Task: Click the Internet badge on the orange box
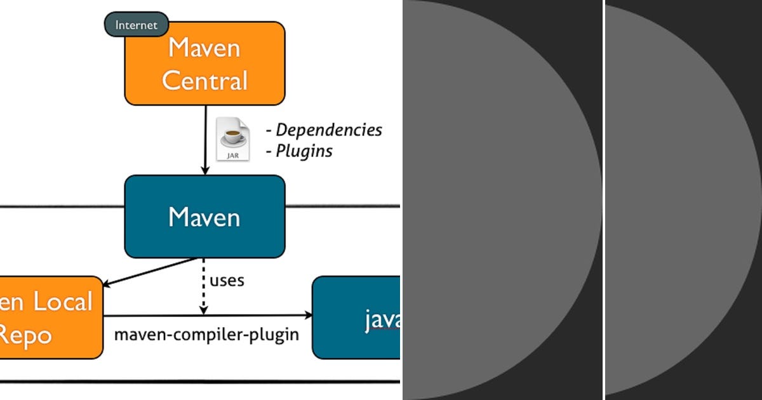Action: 136,25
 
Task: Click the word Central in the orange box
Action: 204,81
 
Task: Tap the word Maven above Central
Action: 204,48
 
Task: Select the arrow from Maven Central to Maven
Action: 204,140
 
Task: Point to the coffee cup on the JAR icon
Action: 232,135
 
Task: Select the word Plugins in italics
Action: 304,151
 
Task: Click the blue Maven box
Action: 204,217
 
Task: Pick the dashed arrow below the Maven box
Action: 203,286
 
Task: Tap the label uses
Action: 227,281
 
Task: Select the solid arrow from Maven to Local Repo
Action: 149,272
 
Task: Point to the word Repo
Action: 25,335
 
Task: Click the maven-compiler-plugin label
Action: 206,335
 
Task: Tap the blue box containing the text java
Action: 356,317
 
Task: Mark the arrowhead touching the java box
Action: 309,316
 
